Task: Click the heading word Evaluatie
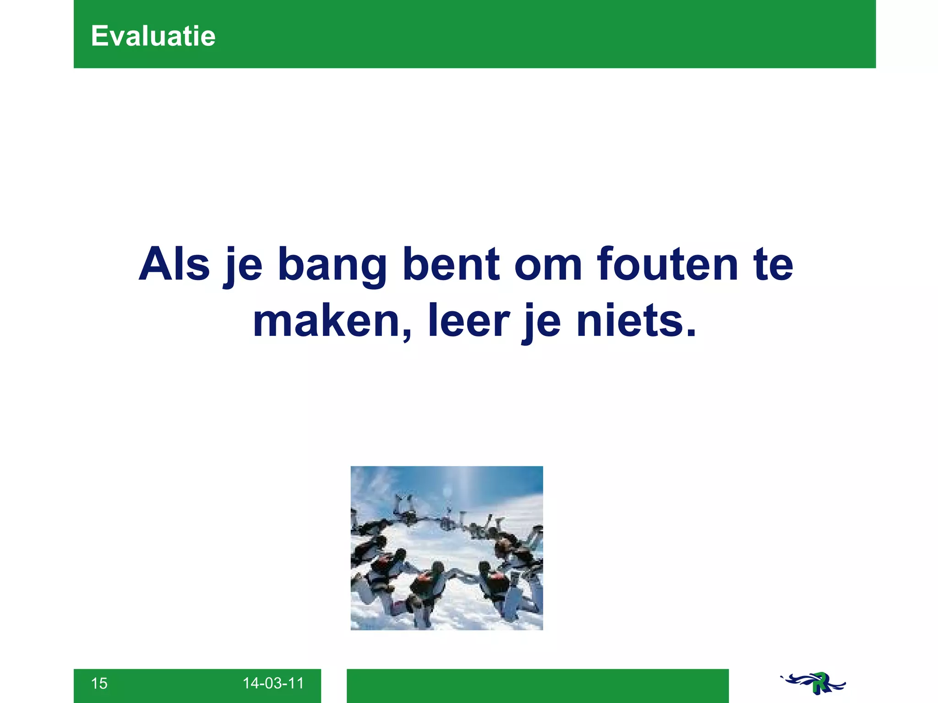coord(153,36)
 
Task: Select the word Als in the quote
coord(174,265)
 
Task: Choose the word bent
coord(451,265)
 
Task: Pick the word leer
coord(469,320)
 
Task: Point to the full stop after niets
coord(691,331)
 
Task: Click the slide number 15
coord(99,683)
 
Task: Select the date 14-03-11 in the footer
coord(273,683)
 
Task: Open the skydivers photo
coord(447,548)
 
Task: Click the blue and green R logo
coord(813,683)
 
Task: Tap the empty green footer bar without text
coord(537,685)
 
